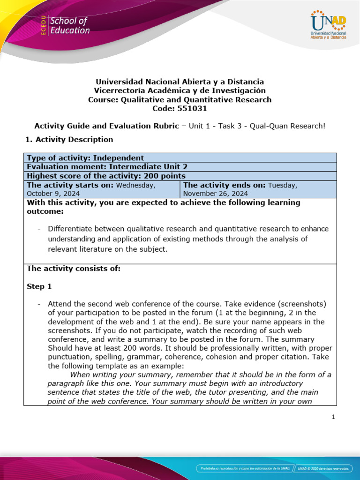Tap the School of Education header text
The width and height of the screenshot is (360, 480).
pyautogui.click(x=69, y=26)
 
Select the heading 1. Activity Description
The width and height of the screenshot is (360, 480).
pyautogui.click(x=68, y=139)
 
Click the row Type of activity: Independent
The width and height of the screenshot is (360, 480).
pyautogui.click(x=85, y=158)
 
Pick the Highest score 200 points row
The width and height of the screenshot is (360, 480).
pyautogui.click(x=106, y=176)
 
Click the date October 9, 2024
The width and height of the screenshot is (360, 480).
pyautogui.click(x=53, y=193)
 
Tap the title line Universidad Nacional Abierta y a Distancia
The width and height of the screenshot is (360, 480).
pyautogui.click(x=180, y=82)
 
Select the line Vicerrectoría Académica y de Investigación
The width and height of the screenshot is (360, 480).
pyautogui.click(x=180, y=90)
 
